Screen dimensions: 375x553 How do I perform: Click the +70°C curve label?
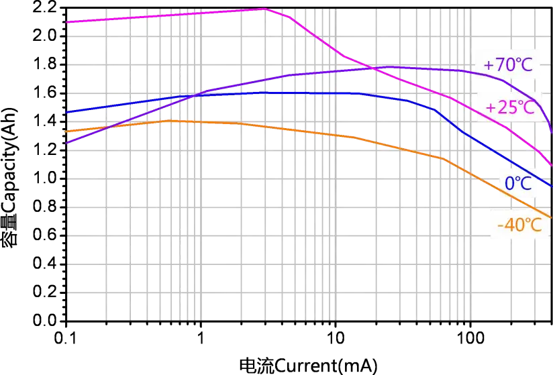509,65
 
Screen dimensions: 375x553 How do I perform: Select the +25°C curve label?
510,107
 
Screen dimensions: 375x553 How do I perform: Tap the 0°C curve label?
517,182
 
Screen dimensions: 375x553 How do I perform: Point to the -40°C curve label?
519,225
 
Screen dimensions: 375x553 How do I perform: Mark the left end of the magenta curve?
66,22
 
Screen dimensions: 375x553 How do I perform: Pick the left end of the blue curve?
66,113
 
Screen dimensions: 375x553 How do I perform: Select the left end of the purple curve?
66,143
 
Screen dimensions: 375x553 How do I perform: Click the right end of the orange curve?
552,218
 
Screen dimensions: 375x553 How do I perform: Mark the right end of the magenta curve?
552,165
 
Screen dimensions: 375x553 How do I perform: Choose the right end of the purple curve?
552,132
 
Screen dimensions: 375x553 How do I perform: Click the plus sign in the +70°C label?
488,66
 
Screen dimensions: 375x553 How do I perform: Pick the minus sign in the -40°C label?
501,225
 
